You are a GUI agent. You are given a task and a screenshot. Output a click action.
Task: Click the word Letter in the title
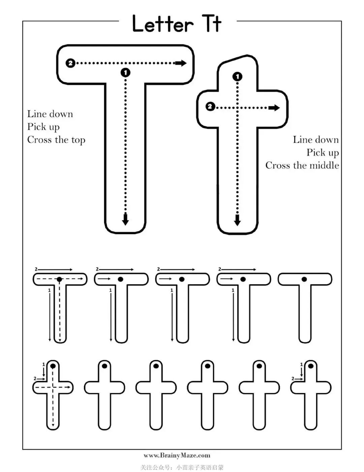tap(163, 24)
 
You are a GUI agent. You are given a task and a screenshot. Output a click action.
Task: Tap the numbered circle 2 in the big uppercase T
tap(70, 63)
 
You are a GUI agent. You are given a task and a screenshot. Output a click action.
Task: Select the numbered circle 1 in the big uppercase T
tap(125, 72)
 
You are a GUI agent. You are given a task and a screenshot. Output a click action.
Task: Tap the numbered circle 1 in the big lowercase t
tap(237, 77)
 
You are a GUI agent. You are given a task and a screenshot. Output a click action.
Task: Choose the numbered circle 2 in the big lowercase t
tap(210, 107)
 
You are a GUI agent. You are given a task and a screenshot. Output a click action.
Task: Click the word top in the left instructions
tap(78, 140)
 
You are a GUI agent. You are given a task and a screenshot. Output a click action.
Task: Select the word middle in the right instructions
tap(324, 165)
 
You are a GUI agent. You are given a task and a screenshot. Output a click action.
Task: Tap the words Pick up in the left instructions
tap(43, 127)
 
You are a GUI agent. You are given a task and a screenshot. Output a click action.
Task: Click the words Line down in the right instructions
tap(315, 140)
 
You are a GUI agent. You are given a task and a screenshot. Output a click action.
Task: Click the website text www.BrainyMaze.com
tap(177, 455)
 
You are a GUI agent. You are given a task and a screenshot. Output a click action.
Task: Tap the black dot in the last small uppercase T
tap(304, 279)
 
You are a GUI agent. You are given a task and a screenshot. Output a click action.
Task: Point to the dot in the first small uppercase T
tap(59, 279)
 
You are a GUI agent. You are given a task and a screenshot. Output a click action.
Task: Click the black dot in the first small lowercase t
tap(53, 366)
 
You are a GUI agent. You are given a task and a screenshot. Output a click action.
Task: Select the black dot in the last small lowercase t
tap(311, 366)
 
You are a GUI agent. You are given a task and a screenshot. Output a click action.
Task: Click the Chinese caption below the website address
tap(182, 467)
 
